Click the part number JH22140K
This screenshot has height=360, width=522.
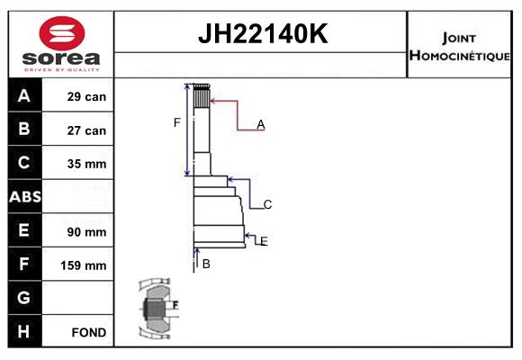coord(263,33)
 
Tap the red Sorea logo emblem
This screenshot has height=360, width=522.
coord(62,33)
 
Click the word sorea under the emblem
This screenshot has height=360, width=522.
coord(61,58)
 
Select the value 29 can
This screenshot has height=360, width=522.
coord(86,96)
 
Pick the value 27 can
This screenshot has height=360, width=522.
coord(86,130)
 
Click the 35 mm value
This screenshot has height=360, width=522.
coord(86,164)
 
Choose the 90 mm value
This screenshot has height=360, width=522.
coord(86,232)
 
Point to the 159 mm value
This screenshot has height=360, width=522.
coord(83,265)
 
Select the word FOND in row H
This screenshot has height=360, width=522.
coord(89,332)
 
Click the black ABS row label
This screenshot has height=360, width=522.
coord(25,196)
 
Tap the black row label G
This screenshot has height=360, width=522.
coord(23,297)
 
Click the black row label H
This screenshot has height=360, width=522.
coord(23,331)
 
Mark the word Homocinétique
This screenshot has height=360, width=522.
coord(459,55)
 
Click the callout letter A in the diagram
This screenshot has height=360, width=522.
coord(261,124)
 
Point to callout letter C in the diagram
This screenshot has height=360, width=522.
coord(267,204)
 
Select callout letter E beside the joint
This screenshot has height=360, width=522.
coord(264,241)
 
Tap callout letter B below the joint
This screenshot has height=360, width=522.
coord(206,264)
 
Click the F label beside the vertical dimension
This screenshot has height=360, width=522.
coord(176,122)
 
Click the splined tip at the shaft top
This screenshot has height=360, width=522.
coord(202,95)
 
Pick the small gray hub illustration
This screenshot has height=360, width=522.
coord(157,308)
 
